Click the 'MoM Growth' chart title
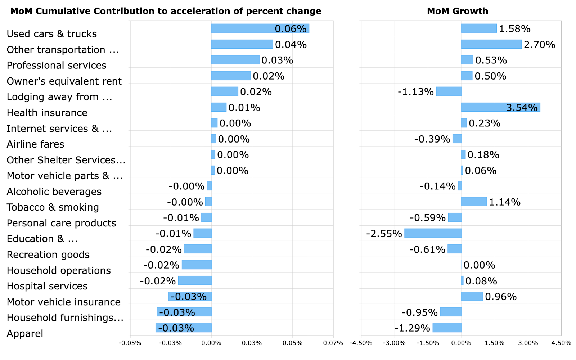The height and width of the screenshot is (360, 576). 458,11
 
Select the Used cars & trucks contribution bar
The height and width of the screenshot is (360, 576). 260,28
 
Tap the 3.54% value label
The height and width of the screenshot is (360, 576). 522,108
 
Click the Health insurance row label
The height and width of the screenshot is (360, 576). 47,113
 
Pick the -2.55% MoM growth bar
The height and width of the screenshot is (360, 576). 433,233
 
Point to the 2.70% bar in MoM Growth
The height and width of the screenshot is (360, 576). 491,44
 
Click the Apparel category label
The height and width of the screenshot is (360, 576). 25,333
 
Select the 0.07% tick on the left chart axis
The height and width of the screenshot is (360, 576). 333,343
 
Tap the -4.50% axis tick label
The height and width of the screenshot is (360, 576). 361,343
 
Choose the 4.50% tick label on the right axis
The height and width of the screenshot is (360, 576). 561,343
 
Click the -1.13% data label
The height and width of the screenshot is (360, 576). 415,92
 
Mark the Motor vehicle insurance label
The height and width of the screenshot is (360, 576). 64,302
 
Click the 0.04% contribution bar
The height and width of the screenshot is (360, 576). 242,44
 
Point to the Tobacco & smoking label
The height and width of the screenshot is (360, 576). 53,207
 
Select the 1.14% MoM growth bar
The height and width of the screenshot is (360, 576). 474,202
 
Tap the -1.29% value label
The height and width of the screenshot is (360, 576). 412,328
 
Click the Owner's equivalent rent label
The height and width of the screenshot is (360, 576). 64,81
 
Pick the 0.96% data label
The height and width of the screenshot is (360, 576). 501,297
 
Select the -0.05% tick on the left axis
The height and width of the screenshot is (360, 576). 130,343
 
